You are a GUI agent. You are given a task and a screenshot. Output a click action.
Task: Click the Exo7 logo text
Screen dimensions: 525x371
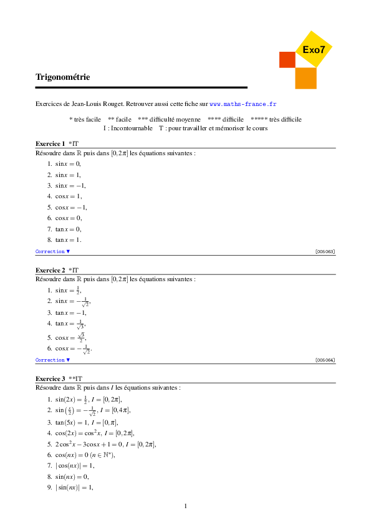313,49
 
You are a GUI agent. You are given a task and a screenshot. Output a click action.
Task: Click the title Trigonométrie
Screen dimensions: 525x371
63,77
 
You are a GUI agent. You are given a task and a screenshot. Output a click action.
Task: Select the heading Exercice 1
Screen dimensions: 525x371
51,143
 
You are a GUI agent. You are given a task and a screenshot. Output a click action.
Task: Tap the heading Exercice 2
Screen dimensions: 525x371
51,270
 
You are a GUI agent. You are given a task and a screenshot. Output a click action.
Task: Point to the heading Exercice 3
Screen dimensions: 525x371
51,378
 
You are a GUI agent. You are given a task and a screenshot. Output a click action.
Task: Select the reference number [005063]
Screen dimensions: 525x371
325,251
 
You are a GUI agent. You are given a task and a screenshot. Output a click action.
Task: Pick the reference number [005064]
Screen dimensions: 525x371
325,360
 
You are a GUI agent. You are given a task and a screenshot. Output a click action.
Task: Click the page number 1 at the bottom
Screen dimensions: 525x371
186,505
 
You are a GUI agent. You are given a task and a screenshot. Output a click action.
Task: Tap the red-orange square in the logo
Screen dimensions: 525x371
287,59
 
